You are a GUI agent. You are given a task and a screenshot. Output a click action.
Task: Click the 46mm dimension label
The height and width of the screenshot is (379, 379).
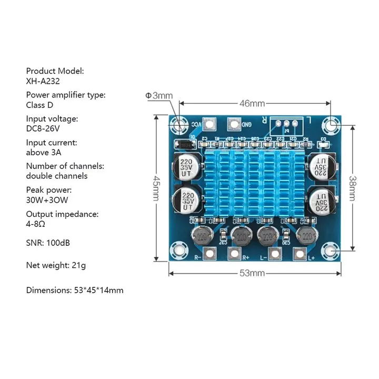coord(252,104)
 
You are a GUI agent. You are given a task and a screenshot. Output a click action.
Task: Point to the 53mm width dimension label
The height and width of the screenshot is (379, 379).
coord(252,273)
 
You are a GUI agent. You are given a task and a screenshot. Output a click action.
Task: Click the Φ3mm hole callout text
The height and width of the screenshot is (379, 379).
coord(159,95)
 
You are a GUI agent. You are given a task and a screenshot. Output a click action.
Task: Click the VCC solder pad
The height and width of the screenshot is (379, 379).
coord(210,125)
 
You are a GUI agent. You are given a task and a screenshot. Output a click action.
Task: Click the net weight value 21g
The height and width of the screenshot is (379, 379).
coord(78,265)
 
